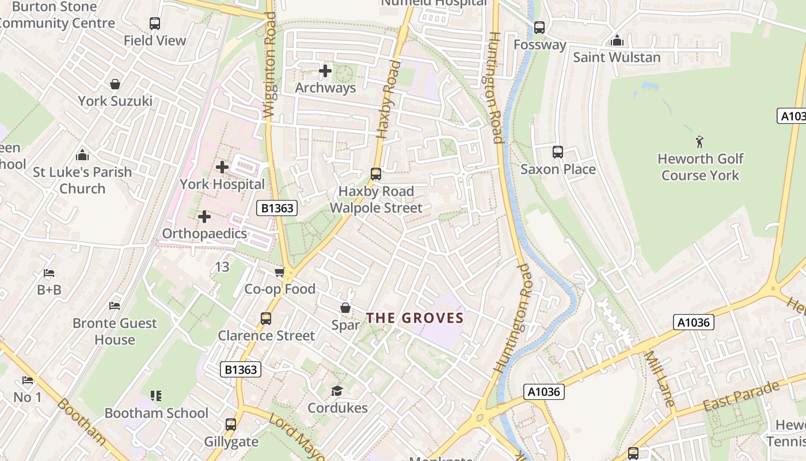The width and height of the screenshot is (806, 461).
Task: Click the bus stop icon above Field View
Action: click(154, 24)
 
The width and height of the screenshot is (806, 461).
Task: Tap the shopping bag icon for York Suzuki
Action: click(115, 84)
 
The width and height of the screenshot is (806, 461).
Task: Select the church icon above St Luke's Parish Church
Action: click(82, 155)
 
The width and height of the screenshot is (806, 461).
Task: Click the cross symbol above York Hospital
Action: click(222, 167)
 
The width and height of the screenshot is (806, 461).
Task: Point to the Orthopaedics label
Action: click(204, 233)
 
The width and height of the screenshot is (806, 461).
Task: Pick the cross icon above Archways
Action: click(325, 71)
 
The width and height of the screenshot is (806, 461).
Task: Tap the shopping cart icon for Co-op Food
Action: click(280, 272)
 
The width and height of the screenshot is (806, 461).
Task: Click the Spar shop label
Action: click(345, 325)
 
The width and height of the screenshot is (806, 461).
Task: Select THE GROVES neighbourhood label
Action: click(415, 318)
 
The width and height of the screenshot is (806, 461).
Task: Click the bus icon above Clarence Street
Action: click(266, 319)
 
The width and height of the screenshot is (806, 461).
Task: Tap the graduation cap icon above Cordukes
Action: click(337, 391)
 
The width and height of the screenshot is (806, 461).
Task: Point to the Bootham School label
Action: click(156, 413)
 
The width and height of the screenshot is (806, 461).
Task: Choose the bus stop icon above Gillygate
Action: click(231, 425)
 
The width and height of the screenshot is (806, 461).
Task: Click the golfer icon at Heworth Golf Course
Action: click(699, 141)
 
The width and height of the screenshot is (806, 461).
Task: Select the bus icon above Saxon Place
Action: click(557, 152)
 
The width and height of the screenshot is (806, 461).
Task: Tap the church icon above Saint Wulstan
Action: click(617, 40)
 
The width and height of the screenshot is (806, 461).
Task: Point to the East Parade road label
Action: click(740, 396)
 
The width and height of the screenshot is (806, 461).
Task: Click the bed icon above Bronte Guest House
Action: click(115, 305)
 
